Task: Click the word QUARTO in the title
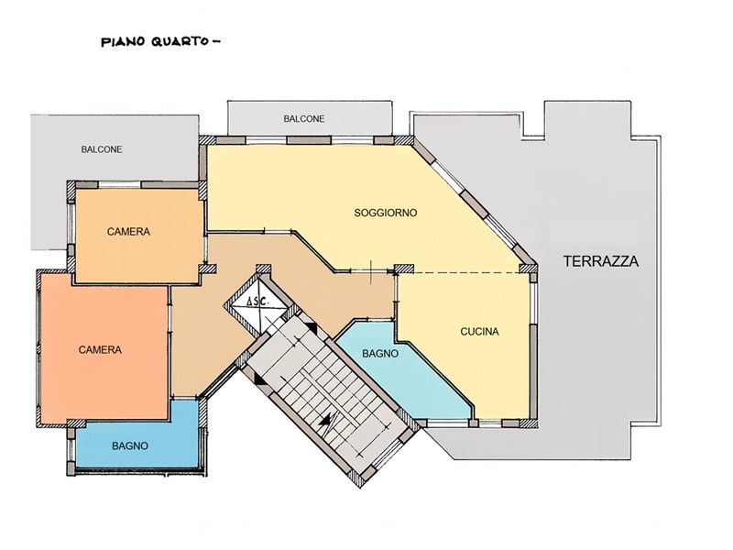[x=180, y=41]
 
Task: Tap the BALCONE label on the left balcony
[x=102, y=149]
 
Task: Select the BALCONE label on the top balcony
[x=302, y=119]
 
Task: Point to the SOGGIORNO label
[x=386, y=213]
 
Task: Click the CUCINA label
[x=479, y=332]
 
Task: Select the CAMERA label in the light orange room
[x=128, y=232]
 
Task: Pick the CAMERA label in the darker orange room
[x=101, y=349]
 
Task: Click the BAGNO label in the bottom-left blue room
[x=131, y=446]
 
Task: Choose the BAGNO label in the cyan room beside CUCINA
[x=379, y=352]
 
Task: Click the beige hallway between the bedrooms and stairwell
[x=197, y=339]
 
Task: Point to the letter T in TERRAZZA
[x=569, y=261]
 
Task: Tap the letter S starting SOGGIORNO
[x=357, y=213]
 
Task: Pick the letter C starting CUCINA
[x=463, y=332]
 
